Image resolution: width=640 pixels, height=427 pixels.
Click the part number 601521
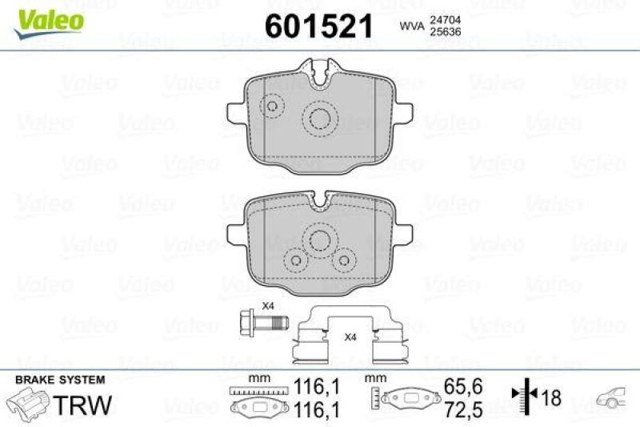(x=319, y=26)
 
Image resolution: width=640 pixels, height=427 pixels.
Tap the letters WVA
(x=411, y=27)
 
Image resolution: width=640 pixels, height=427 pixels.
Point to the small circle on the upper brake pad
(x=274, y=106)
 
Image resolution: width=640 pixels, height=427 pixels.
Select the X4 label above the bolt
(x=269, y=306)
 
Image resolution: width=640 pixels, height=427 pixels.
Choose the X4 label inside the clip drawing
(x=350, y=337)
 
